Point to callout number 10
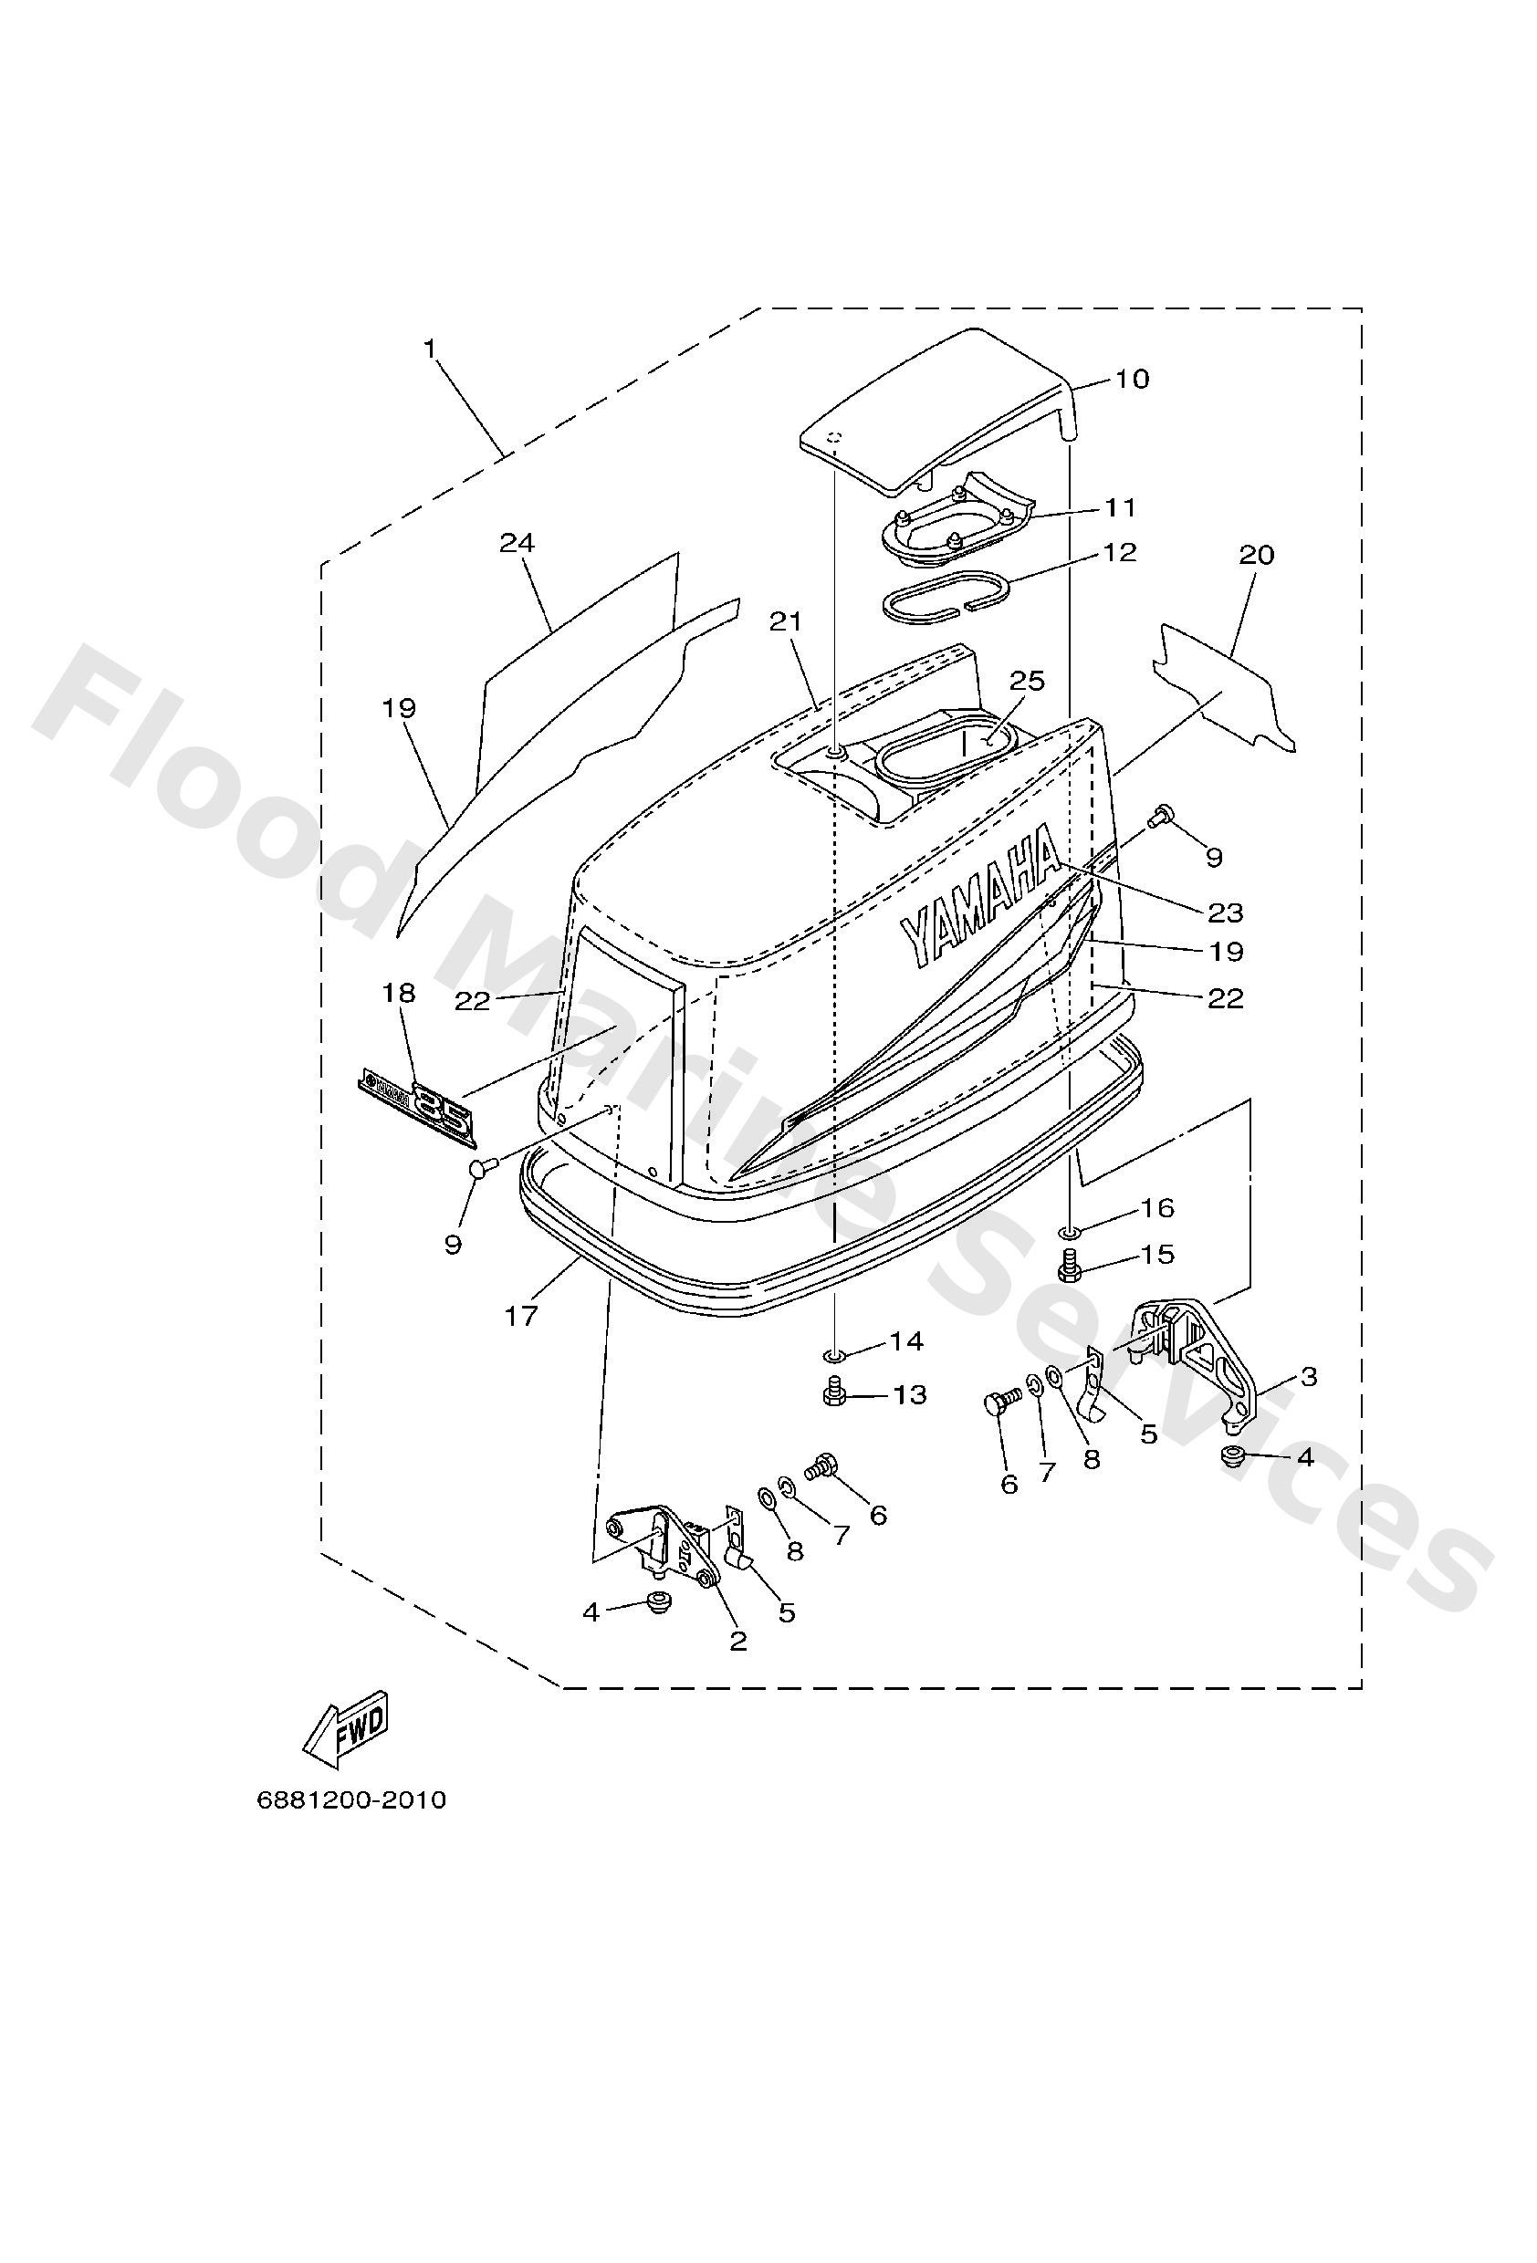[x=1132, y=379]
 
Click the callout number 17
[x=522, y=1317]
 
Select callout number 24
[x=518, y=542]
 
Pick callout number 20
[x=1257, y=555]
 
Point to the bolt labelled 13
[x=834, y=1394]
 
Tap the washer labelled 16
[x=1071, y=1234]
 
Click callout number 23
[x=1226, y=912]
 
